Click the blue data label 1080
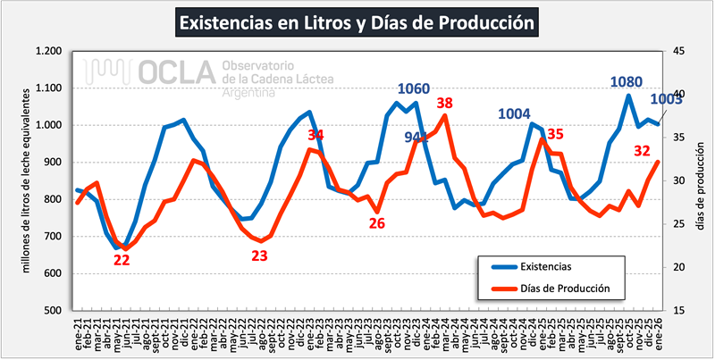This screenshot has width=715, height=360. click(x=626, y=82)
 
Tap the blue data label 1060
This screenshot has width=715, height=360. click(x=414, y=89)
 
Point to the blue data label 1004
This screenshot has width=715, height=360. click(x=514, y=113)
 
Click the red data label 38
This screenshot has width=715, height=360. click(x=444, y=104)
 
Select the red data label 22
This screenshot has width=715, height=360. click(x=122, y=260)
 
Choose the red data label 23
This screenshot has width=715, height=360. click(x=259, y=255)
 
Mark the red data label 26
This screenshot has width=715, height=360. click(x=377, y=222)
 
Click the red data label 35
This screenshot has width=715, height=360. click(x=555, y=134)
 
